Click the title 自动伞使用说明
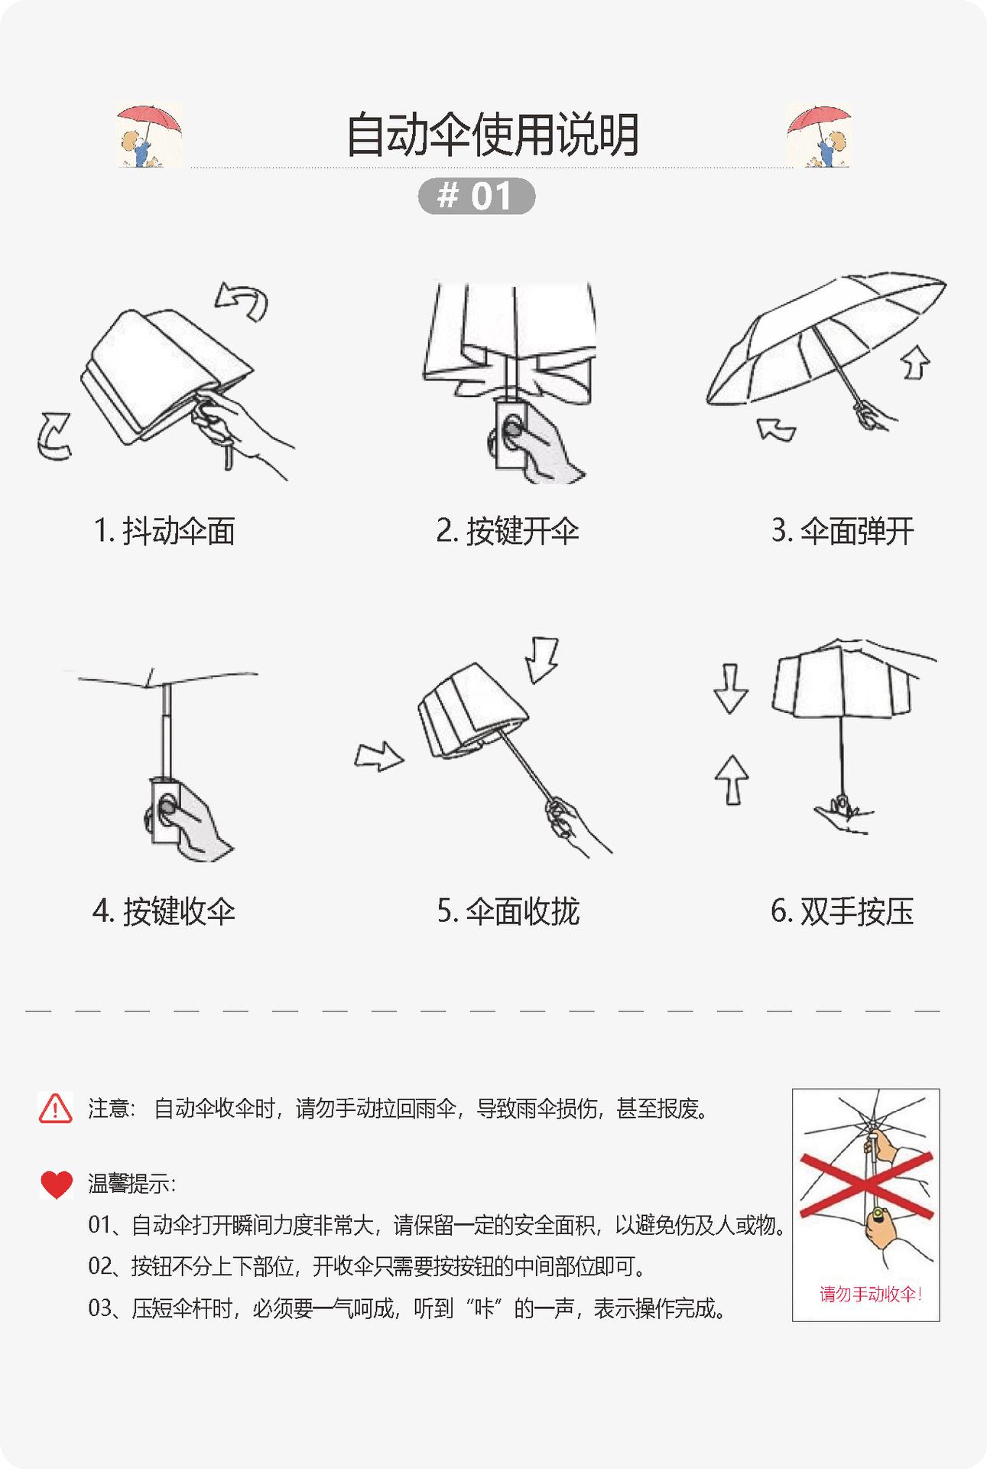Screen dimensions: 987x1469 tap(492, 135)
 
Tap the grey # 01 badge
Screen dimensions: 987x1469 tap(476, 196)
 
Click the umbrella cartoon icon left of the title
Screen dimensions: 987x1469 tap(149, 135)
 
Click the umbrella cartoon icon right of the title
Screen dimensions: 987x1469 tap(819, 135)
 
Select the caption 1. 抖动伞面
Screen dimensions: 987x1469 tap(164, 531)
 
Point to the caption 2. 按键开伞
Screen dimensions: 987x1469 tap(508, 531)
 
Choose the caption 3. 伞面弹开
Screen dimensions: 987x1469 tap(843, 531)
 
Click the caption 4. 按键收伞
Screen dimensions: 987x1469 tap(164, 911)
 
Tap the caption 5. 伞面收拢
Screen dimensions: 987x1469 tap(508, 911)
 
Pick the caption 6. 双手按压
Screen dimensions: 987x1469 tap(843, 911)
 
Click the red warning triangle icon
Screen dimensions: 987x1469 tap(55, 1108)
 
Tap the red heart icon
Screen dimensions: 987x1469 tap(56, 1184)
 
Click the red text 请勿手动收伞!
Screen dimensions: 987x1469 tap(871, 1294)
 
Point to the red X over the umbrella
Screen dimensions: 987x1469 tap(866, 1185)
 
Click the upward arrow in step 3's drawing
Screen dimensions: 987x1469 tap(917, 362)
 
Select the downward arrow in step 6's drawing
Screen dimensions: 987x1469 tap(730, 689)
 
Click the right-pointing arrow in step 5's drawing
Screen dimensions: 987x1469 tap(379, 757)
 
